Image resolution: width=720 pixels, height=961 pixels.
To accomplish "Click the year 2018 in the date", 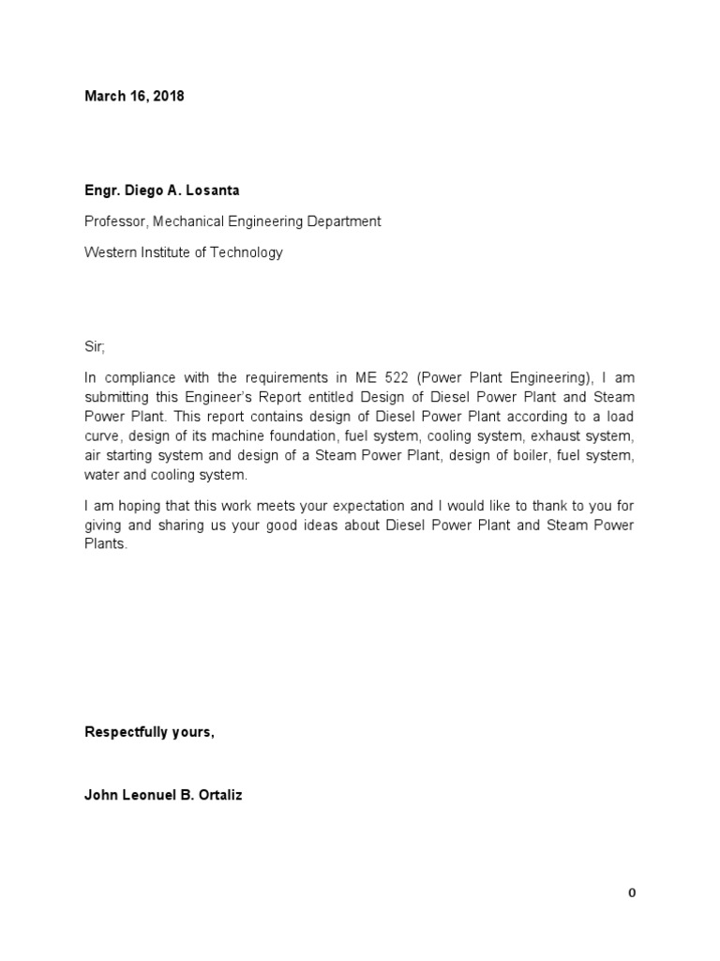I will pos(169,96).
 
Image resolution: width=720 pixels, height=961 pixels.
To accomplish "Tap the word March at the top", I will pos(104,96).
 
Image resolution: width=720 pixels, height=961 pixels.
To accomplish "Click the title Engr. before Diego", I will pos(101,191).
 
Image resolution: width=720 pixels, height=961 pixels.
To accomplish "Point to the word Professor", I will pos(115,222).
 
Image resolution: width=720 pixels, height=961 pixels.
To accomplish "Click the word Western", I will pos(111,252).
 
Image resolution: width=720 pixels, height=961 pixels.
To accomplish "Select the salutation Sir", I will pos(95,347).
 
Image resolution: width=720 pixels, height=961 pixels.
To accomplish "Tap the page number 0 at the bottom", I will pos(632,893).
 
